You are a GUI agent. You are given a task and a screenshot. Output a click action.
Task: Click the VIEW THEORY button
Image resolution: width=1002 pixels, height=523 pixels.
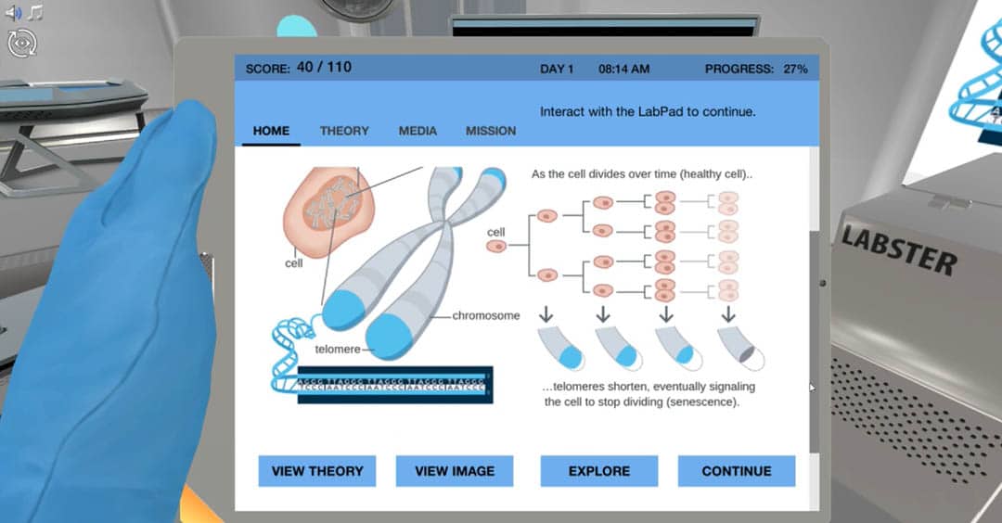(x=317, y=471)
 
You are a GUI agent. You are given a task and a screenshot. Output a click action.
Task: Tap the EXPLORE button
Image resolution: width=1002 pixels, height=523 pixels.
(x=599, y=471)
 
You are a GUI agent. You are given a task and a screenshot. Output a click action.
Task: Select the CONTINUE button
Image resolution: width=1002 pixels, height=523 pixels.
(x=737, y=471)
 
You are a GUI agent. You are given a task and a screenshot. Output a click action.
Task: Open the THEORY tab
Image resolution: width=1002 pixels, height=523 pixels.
(x=344, y=131)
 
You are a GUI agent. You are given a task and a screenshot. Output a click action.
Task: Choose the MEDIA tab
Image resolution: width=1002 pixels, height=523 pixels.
(x=417, y=131)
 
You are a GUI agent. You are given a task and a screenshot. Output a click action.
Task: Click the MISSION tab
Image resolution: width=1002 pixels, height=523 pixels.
(x=491, y=131)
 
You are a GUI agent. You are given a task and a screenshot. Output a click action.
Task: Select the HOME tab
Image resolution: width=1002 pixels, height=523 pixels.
(x=271, y=131)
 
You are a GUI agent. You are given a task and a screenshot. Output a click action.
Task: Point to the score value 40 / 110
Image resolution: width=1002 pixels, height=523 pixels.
(x=324, y=68)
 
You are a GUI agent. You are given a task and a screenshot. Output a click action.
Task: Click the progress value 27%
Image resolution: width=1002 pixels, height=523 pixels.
(x=795, y=69)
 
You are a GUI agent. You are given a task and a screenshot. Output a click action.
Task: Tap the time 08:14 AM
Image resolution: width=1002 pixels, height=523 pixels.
(x=623, y=69)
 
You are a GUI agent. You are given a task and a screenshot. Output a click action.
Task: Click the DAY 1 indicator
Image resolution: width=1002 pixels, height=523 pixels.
(x=557, y=69)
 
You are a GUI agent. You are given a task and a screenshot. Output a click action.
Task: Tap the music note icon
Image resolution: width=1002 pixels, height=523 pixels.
(x=35, y=13)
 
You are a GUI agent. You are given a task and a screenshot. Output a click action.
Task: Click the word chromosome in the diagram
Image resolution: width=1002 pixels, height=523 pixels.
(x=486, y=316)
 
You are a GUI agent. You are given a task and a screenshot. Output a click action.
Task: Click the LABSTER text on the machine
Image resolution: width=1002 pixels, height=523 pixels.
(x=897, y=249)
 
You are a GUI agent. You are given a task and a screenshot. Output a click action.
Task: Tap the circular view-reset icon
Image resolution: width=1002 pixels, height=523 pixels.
(x=20, y=42)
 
